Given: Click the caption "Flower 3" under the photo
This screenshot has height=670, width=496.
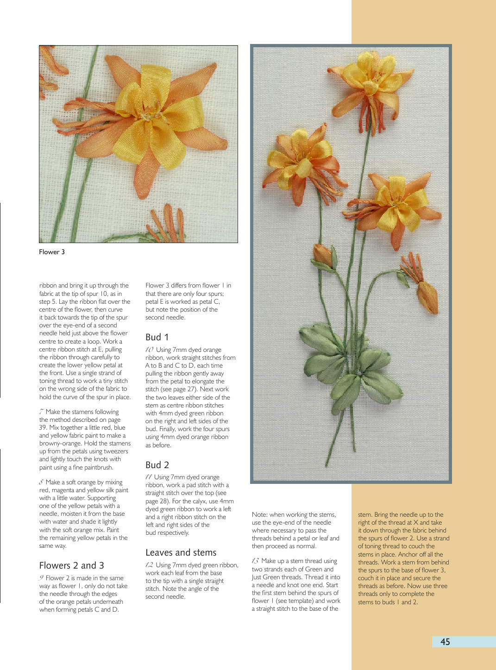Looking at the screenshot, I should click(x=52, y=252).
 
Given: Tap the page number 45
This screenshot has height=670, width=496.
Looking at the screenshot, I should click(x=445, y=642).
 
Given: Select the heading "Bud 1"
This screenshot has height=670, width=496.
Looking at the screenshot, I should click(x=157, y=337).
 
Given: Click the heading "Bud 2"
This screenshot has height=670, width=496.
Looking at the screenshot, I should click(x=157, y=465).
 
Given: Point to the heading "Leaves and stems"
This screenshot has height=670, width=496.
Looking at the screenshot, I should click(x=181, y=552).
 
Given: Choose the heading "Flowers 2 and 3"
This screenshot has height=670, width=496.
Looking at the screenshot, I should click(x=71, y=565).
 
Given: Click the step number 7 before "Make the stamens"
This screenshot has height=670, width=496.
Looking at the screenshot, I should click(x=42, y=412).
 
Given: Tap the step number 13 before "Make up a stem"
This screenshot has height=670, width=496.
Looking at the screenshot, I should click(x=255, y=561).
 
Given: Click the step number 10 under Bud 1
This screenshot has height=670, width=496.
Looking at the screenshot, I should click(x=149, y=350).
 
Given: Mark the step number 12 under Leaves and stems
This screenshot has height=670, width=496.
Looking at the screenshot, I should click(x=149, y=565).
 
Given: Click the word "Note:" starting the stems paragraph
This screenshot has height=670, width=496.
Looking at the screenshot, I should click(x=259, y=514).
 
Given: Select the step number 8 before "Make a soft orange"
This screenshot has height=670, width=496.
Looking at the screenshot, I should click(x=41, y=482).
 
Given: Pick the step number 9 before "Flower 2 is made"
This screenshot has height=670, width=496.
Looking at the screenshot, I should click(x=41, y=578).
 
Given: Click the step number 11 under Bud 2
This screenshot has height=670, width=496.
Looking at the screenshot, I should click(x=149, y=477).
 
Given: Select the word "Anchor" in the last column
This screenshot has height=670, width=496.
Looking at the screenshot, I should click(x=408, y=554).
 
